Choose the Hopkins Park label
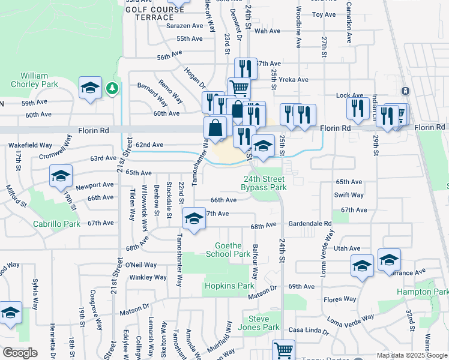click(x=229, y=286)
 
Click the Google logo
click(x=19, y=353)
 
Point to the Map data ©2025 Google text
click(x=412, y=355)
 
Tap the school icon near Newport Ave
click(x=61, y=176)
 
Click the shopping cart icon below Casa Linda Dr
click(x=283, y=350)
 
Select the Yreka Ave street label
click(x=294, y=80)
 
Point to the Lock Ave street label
click(x=349, y=95)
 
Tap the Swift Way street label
click(x=349, y=195)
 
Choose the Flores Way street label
click(x=340, y=299)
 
